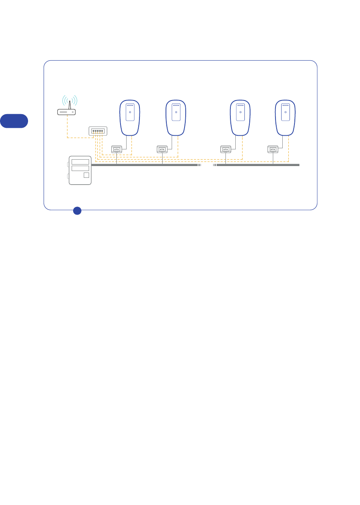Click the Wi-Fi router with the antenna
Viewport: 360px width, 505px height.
67,112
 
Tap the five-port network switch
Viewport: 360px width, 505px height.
98,131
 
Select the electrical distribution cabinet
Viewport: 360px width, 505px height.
80,170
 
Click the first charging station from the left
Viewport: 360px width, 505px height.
130,118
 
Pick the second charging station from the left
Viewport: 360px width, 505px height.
176,118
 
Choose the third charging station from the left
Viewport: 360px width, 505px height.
240,118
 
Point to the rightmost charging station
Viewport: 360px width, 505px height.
285,118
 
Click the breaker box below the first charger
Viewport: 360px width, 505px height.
116,149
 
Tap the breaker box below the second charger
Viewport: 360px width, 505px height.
162,149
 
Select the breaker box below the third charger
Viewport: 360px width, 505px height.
225,149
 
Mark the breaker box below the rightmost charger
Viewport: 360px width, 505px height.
273,149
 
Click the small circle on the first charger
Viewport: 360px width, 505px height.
130,112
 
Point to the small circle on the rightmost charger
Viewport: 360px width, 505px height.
285,112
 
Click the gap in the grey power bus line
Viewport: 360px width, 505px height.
207,165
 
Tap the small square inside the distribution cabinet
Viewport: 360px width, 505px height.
86,175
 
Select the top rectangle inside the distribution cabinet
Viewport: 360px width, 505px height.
80,162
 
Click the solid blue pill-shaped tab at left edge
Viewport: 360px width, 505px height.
14,121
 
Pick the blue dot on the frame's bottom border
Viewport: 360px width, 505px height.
77,210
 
